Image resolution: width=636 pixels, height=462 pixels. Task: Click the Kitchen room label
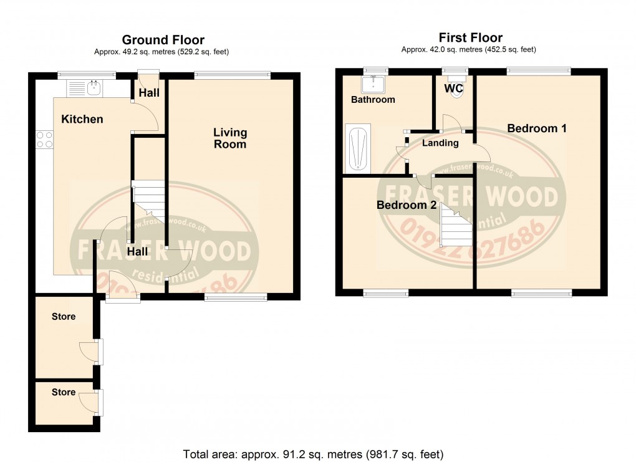[82, 119]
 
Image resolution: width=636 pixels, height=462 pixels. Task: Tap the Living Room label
[230, 138]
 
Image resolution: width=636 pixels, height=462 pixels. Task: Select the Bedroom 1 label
[536, 128]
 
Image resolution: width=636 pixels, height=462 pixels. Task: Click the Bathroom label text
[373, 100]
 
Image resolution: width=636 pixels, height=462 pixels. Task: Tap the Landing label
[440, 143]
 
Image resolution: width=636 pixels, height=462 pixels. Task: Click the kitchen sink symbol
[94, 89]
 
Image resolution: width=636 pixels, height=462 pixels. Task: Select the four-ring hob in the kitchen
[44, 139]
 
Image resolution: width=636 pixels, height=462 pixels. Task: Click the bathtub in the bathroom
[358, 148]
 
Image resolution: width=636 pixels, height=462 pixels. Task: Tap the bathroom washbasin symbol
[375, 82]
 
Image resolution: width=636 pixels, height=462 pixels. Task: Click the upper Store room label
[64, 316]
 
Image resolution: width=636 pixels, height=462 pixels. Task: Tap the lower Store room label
[64, 392]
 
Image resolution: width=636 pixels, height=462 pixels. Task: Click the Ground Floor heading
[163, 41]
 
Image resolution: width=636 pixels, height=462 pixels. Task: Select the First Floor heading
[470, 38]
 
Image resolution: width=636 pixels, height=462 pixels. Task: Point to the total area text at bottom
[313, 453]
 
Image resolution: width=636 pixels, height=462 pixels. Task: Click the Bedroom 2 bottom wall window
[386, 292]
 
